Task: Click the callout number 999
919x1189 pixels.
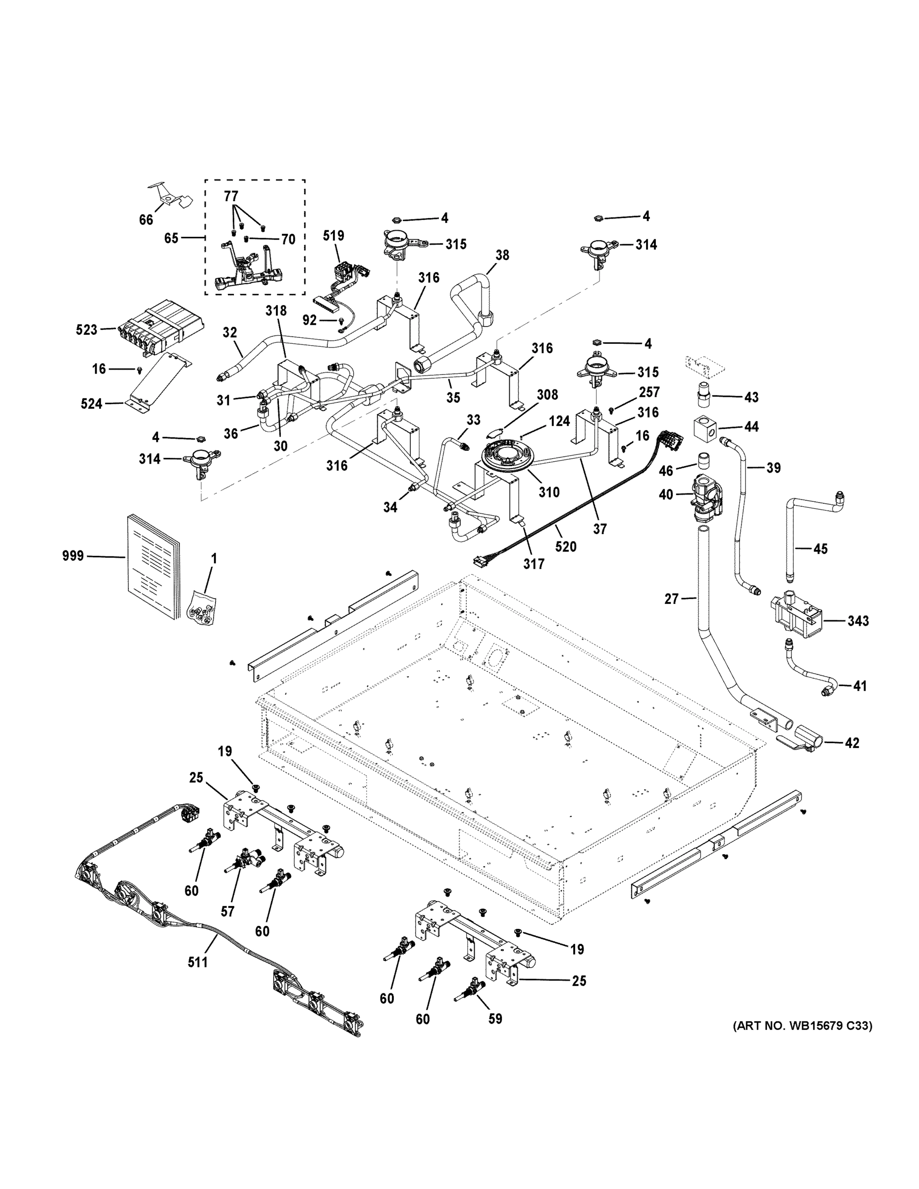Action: tap(73, 556)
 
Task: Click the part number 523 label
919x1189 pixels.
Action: tap(87, 329)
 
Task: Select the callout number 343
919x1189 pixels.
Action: tap(858, 621)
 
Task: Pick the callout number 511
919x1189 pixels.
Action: tap(198, 963)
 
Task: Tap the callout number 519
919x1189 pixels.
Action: tap(333, 236)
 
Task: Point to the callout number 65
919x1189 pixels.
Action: tap(171, 238)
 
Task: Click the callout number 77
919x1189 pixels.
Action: tap(231, 197)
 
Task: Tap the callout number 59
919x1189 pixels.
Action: tap(495, 1019)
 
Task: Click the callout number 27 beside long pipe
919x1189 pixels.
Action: tap(671, 599)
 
